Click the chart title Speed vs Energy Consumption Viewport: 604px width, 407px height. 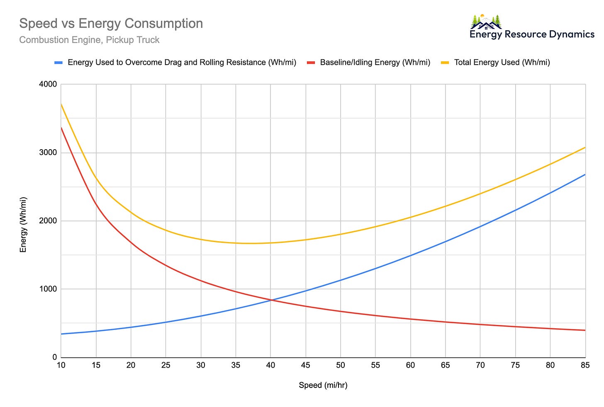click(x=111, y=24)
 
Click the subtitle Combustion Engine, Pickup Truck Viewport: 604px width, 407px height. click(x=89, y=40)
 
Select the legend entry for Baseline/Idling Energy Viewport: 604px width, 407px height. click(x=375, y=63)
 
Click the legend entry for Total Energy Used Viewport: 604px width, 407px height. click(x=502, y=63)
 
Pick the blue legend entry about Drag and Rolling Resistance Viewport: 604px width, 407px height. click(x=182, y=63)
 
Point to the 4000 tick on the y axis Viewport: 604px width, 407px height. click(x=49, y=85)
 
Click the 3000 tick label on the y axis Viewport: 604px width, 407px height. click(x=49, y=153)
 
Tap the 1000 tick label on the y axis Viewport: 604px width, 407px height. click(x=49, y=289)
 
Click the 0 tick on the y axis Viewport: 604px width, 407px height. click(x=54, y=357)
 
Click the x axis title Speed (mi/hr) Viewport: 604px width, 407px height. click(x=323, y=385)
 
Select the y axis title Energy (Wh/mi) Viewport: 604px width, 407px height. click(x=23, y=224)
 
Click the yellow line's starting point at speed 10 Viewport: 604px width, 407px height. click(x=61, y=104)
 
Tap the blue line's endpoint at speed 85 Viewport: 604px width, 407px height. click(x=585, y=174)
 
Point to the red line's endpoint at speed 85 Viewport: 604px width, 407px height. click(x=585, y=330)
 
